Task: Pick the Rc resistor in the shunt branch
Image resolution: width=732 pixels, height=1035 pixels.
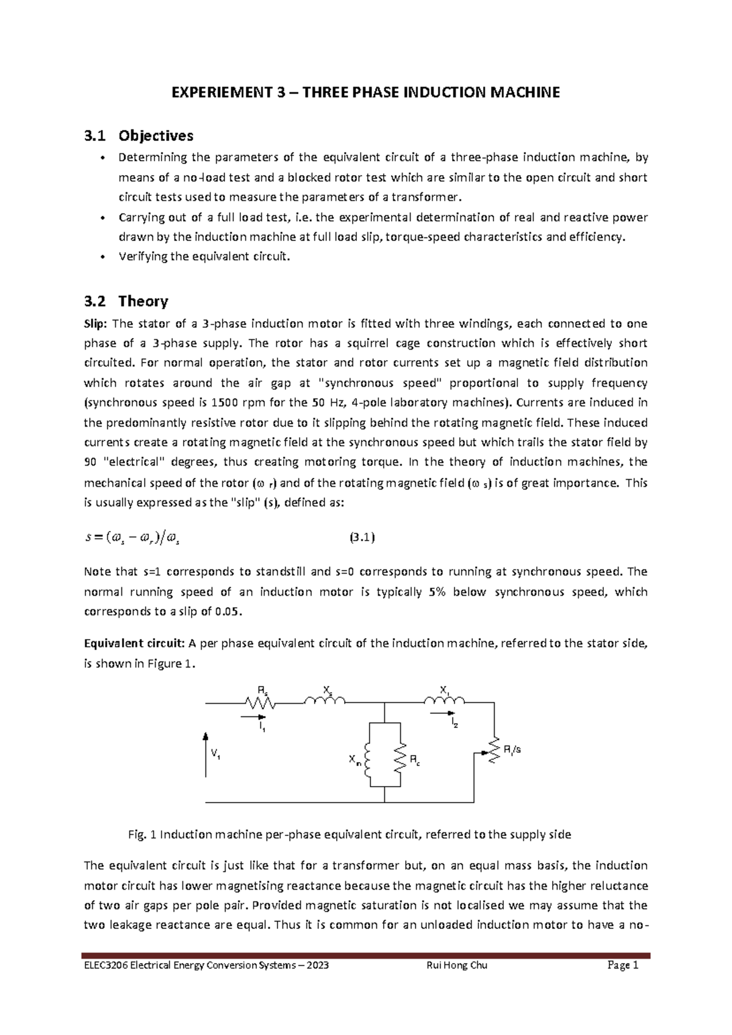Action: (400, 760)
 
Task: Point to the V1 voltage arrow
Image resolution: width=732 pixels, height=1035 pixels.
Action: (206, 754)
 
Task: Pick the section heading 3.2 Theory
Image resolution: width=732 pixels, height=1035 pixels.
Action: (126, 301)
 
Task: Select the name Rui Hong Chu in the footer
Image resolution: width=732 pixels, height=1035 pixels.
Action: (458, 966)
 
